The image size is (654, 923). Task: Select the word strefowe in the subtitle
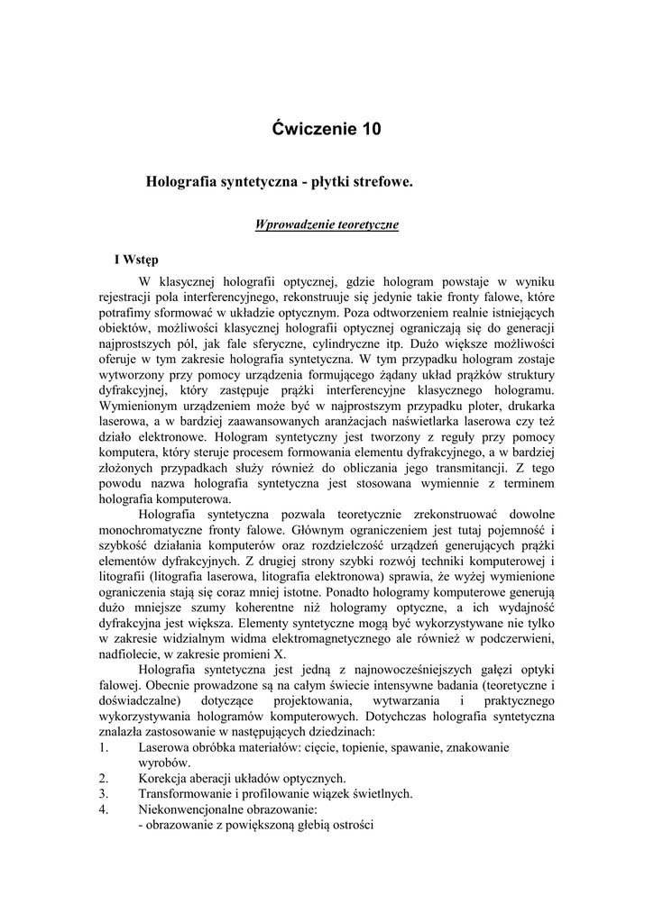(x=377, y=182)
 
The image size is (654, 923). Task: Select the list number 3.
(x=104, y=793)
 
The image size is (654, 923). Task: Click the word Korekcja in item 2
(x=163, y=778)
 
